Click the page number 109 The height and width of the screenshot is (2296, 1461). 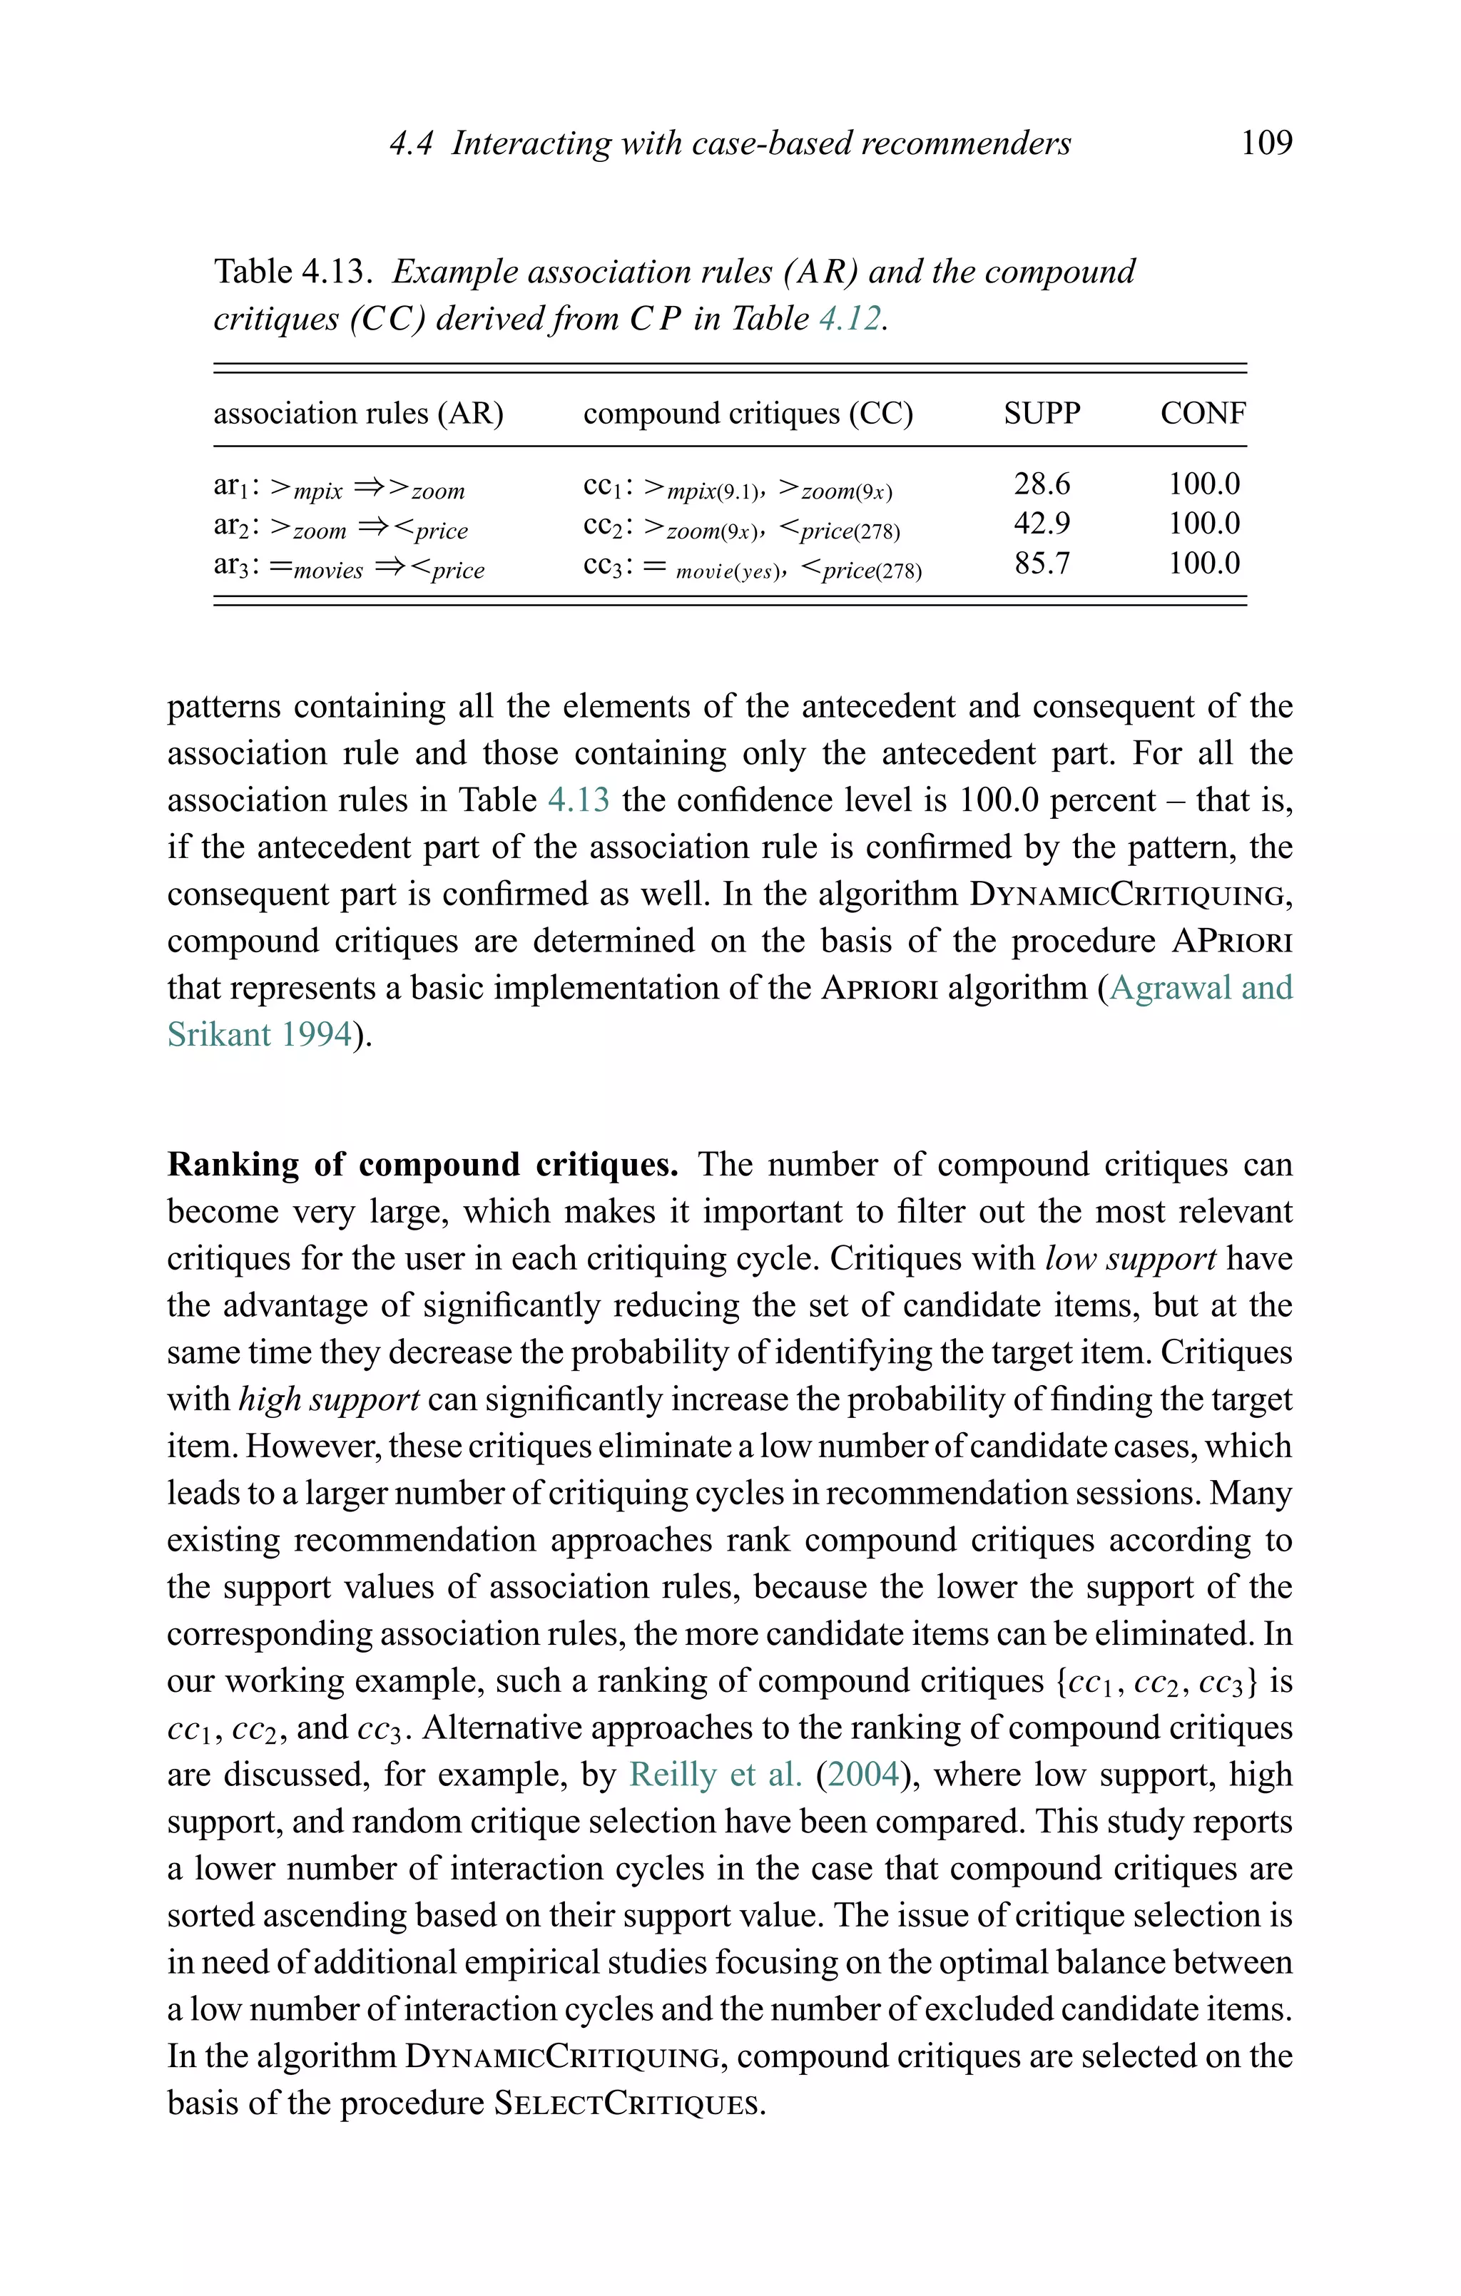[x=1266, y=143]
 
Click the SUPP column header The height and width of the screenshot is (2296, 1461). [x=1042, y=413]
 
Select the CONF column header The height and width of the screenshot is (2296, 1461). [x=1203, y=413]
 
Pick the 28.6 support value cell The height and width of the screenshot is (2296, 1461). [x=1042, y=484]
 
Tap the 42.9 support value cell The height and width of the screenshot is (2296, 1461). [x=1042, y=524]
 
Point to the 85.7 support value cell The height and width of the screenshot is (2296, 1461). [x=1042, y=563]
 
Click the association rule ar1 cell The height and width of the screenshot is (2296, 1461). [x=339, y=487]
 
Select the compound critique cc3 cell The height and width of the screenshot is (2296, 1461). [x=751, y=566]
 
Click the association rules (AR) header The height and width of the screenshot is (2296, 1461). [x=357, y=414]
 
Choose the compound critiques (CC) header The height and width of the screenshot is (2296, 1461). [x=748, y=414]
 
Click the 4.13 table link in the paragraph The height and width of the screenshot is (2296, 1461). [x=578, y=799]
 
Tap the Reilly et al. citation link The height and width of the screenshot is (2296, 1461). [x=716, y=1775]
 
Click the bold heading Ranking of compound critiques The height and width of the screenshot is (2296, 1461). [x=422, y=1164]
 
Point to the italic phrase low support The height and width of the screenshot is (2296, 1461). [x=1130, y=1259]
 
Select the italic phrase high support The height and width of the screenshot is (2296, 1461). [x=328, y=1399]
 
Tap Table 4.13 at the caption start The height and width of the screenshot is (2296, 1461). [x=290, y=272]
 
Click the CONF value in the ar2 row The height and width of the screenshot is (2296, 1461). [x=1203, y=524]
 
